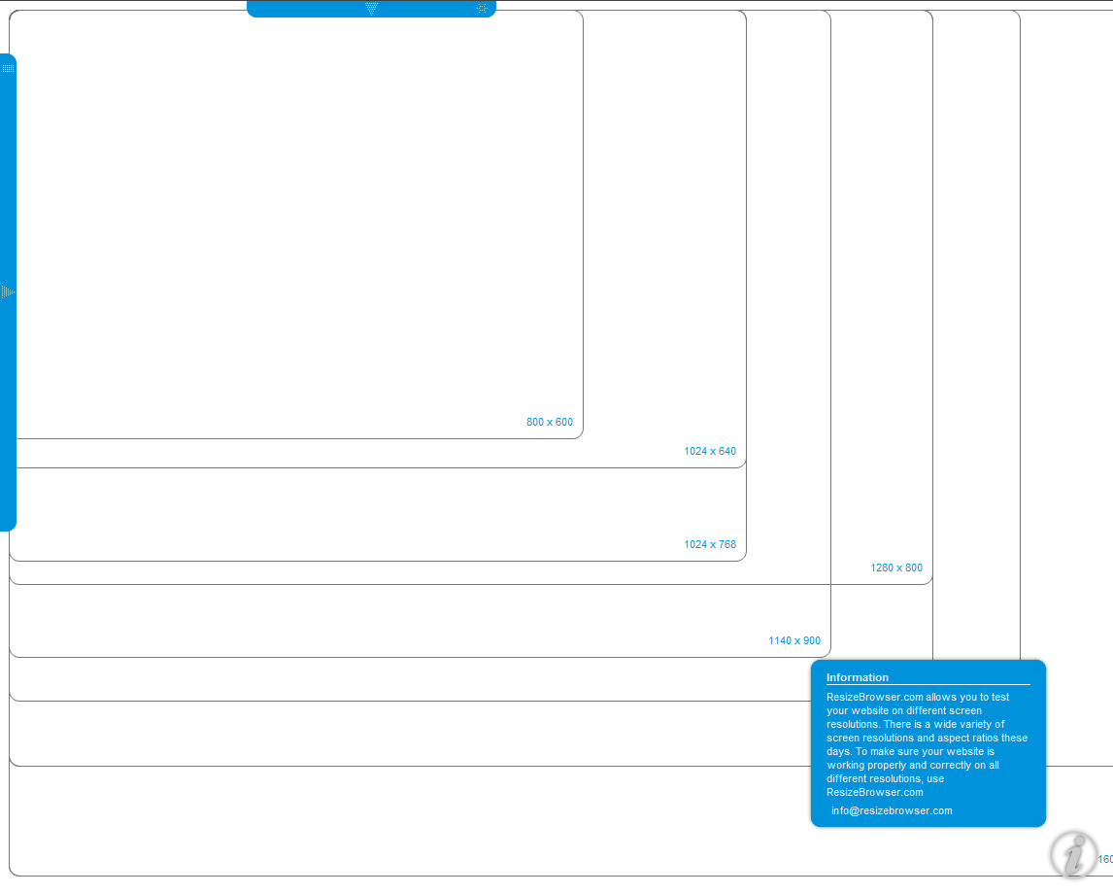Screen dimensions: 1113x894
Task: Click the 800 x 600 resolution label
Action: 550,422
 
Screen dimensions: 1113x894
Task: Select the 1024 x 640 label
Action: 710,451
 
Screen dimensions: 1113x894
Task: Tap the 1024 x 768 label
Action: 710,544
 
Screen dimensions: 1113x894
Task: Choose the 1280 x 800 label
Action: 896,568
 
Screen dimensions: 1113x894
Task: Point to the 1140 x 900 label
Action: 794,640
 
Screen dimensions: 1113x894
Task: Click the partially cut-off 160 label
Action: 1106,859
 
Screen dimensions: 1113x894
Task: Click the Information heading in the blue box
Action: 858,677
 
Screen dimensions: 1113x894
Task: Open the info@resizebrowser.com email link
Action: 892,811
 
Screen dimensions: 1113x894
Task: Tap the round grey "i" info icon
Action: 1073,855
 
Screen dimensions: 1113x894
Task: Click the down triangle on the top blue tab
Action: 371,9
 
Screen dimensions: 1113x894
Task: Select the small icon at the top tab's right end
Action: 482,9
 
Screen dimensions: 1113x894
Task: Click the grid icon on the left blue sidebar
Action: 9,68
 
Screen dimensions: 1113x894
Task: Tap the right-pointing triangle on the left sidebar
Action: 8,292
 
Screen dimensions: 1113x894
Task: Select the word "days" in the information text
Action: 838,751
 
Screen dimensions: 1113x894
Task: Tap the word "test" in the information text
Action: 1000,698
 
